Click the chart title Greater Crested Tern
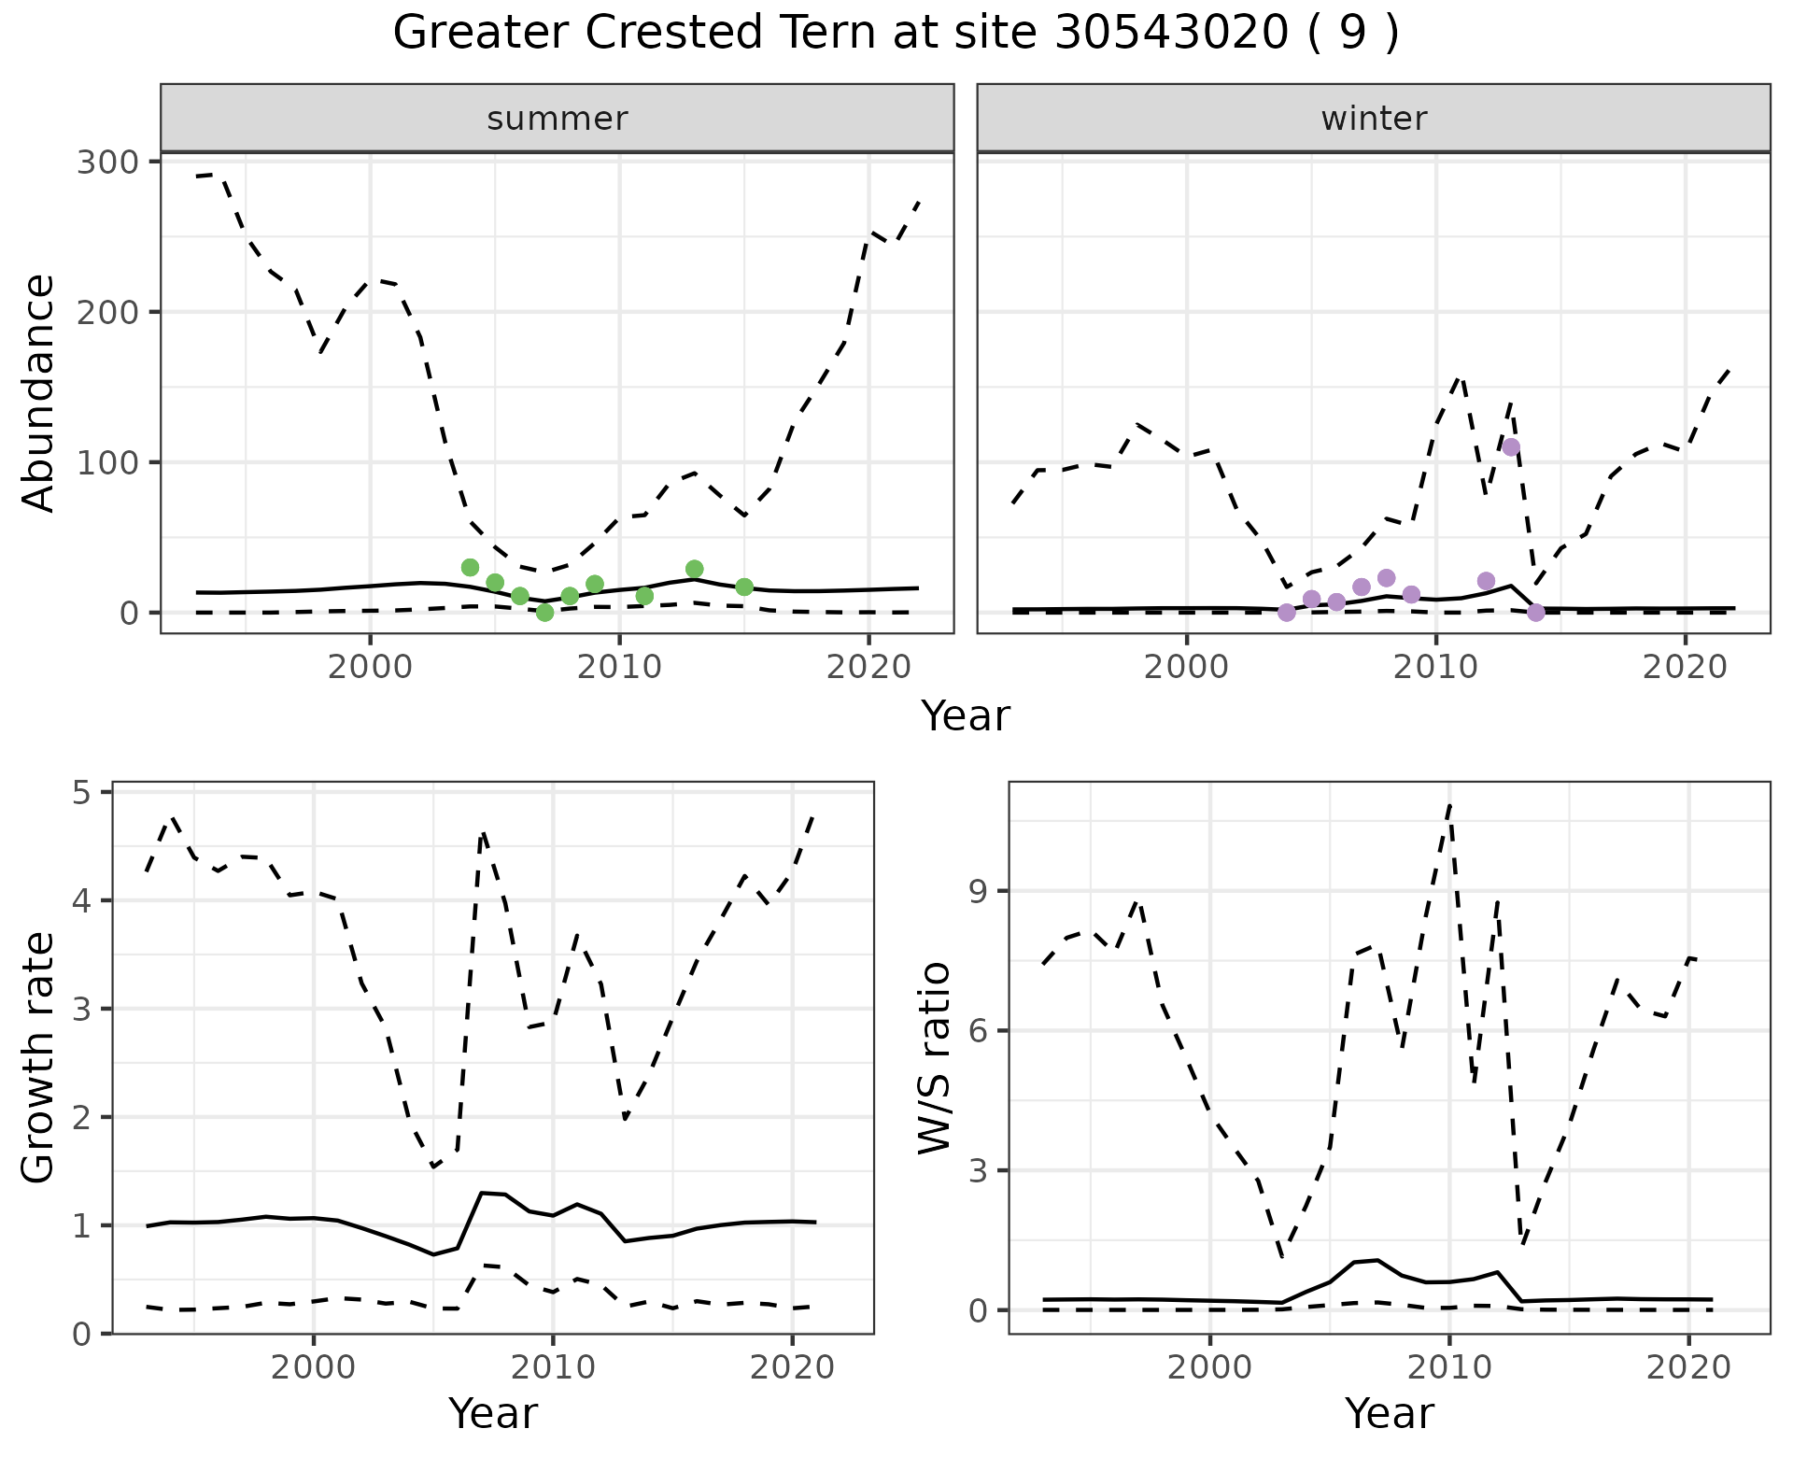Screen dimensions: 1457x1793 coord(895,34)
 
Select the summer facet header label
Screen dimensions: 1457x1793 coord(558,119)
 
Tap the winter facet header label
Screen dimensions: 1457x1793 coord(1374,119)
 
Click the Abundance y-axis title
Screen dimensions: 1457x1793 coord(39,393)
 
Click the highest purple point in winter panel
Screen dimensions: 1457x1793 coord(1511,447)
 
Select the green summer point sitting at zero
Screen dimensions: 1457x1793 coord(545,613)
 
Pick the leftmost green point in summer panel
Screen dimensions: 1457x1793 coord(471,568)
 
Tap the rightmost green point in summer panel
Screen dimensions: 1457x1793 coord(744,587)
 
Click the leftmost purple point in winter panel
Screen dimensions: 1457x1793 coord(1287,613)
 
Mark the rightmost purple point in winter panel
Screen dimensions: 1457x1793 coord(1536,613)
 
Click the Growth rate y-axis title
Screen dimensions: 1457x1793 coord(39,1058)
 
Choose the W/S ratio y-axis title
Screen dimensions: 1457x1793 coord(935,1058)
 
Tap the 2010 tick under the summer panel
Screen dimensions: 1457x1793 coord(619,668)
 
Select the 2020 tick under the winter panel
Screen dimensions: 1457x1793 coord(1686,668)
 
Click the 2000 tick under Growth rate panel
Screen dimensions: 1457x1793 coord(314,1368)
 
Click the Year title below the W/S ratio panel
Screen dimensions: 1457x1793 coord(1389,1414)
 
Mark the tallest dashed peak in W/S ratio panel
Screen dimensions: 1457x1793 coord(1449,804)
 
